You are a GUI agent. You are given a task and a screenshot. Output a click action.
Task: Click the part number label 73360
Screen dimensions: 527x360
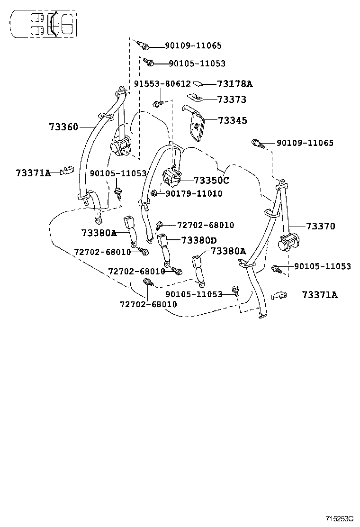(63, 127)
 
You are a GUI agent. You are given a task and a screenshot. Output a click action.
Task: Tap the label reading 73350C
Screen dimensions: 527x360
(211, 181)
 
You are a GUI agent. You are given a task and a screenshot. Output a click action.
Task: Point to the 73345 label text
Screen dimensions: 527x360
(233, 120)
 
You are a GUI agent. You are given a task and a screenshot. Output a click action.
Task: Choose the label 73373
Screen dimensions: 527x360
(232, 100)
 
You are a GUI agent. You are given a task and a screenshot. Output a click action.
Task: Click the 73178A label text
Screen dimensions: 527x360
(235, 84)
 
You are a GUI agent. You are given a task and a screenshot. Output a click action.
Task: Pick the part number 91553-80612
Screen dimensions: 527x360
(162, 84)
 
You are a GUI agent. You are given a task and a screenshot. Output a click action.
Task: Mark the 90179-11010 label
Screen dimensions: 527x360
(194, 193)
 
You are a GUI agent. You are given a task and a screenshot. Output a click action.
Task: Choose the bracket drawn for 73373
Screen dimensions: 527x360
(195, 97)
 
